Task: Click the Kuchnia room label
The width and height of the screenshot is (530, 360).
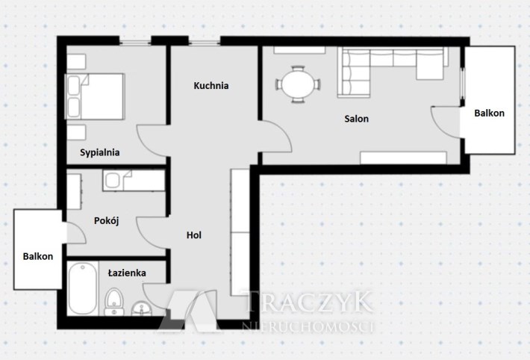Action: click(x=211, y=86)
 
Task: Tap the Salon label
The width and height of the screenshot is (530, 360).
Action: click(x=356, y=119)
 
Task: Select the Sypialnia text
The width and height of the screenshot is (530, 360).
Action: click(x=100, y=152)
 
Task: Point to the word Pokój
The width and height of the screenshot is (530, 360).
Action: click(x=107, y=221)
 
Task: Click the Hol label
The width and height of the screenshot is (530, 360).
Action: click(x=194, y=235)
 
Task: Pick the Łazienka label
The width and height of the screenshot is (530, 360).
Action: click(x=127, y=273)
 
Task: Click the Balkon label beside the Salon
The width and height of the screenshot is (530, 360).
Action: click(x=489, y=113)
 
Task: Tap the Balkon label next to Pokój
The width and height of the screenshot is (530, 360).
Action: click(x=38, y=256)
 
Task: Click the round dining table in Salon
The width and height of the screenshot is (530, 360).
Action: click(x=298, y=84)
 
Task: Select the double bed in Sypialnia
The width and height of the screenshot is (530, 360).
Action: click(x=95, y=96)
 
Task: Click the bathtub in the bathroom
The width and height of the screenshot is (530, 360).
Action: click(x=83, y=288)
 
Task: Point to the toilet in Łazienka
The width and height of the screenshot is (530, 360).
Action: click(x=114, y=302)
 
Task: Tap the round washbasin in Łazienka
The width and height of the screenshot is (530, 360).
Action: click(x=141, y=309)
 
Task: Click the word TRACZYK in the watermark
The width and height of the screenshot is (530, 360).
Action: click(x=309, y=302)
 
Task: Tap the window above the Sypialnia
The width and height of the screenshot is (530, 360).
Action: click(x=135, y=43)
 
